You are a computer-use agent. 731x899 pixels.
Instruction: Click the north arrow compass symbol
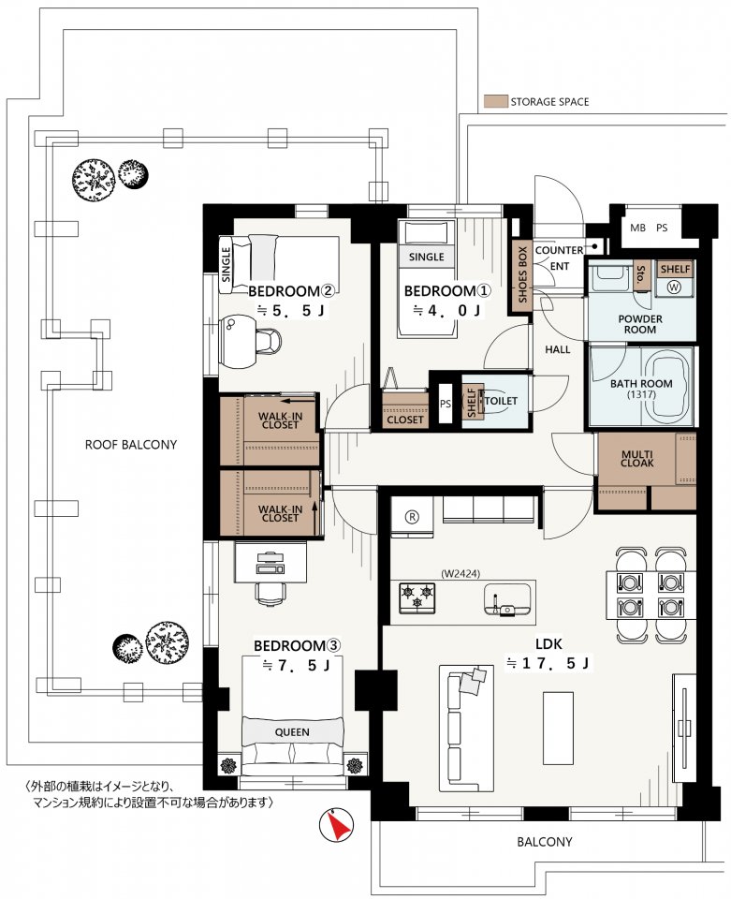coord(336,824)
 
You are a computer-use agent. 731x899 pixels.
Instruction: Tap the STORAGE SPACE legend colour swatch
coord(495,101)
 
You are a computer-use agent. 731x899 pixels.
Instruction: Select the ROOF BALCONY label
coord(131,444)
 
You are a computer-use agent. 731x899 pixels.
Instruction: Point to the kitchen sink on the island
coord(507,599)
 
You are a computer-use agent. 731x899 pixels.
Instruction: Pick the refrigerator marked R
coord(412,517)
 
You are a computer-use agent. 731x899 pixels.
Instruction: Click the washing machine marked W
coord(674,287)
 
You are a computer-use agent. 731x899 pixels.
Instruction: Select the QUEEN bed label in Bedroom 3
coord(292,732)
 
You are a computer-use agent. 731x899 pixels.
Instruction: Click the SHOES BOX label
coord(522,274)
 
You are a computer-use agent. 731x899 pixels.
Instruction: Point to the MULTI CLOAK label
coord(637,459)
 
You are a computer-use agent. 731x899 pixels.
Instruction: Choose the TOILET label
coord(502,401)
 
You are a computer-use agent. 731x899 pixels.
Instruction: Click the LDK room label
coord(548,643)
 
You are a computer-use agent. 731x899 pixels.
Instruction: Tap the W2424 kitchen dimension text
coord(461,573)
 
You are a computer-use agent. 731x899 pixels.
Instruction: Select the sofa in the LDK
coord(466,729)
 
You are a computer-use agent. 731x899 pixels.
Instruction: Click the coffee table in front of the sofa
coord(558,729)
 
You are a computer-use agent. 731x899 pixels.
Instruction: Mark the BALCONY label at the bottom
coord(544,842)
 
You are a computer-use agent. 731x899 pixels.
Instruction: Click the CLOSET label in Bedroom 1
coord(405,420)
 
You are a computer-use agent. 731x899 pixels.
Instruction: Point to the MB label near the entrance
coord(637,228)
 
